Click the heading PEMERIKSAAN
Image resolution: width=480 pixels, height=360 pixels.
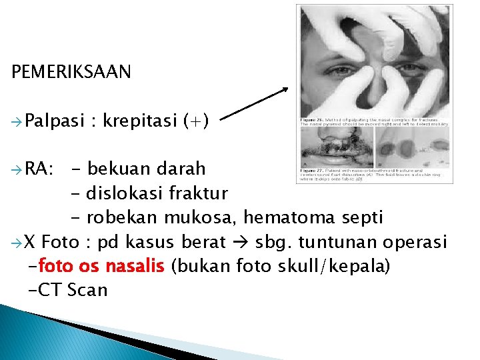71,72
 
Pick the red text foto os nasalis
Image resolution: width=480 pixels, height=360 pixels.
102,266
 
